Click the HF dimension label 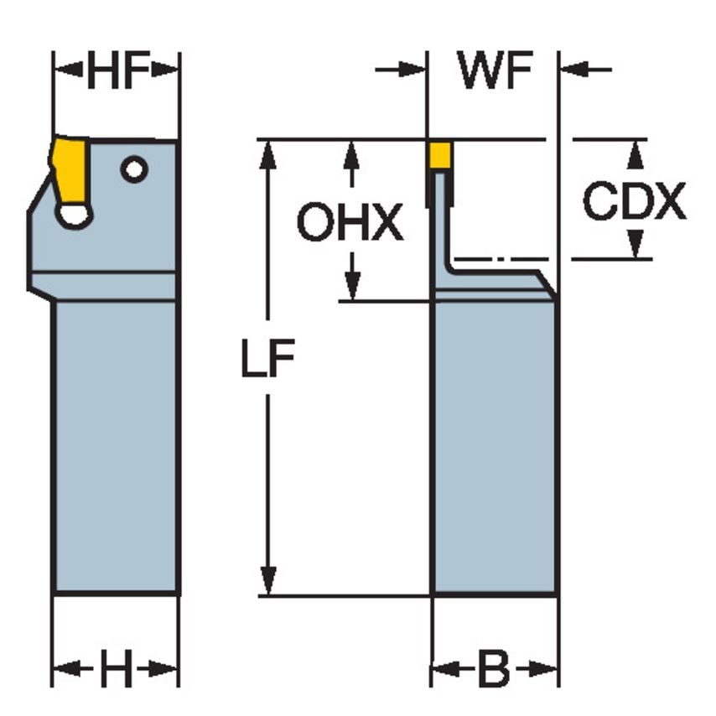(117, 74)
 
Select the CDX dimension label (634, 202)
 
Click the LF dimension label (267, 361)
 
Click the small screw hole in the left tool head (133, 169)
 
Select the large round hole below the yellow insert (75, 215)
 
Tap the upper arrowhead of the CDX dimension (636, 152)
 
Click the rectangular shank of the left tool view (116, 444)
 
